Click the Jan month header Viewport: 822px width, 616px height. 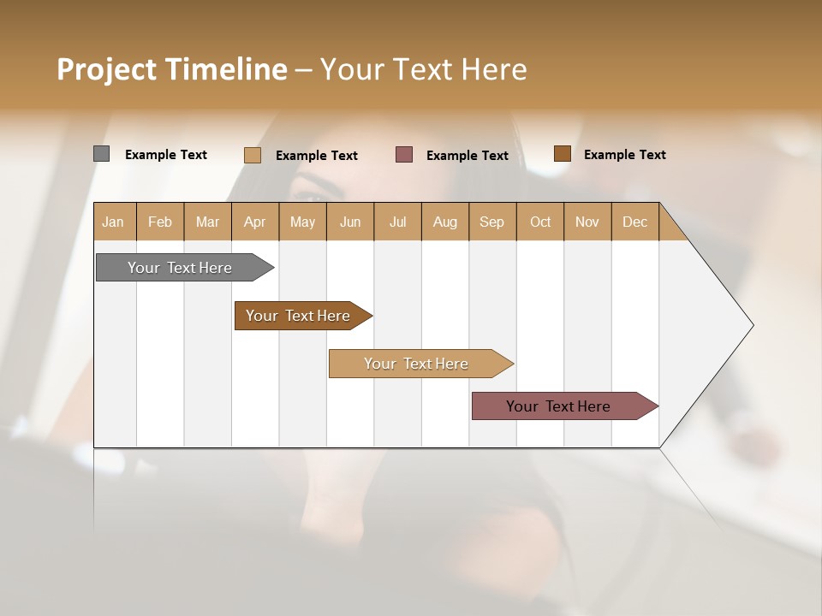coord(114,222)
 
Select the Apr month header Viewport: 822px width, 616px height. coord(255,222)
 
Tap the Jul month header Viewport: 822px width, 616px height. coord(397,222)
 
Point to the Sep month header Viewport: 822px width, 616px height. coord(492,222)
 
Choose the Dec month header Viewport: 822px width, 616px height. coord(634,222)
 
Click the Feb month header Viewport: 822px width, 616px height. coord(160,222)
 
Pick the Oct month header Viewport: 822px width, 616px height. coord(540,222)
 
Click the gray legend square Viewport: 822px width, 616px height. coord(101,154)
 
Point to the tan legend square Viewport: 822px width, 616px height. coord(253,155)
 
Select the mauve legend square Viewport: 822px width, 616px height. coord(404,155)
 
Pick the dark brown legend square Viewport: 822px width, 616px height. coord(562,154)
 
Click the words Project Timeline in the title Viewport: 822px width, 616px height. coord(172,69)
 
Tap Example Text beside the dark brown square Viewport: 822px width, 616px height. coord(624,155)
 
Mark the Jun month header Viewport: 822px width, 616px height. coord(350,222)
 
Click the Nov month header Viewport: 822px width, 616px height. coord(587,222)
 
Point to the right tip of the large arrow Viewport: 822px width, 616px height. coord(751,325)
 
